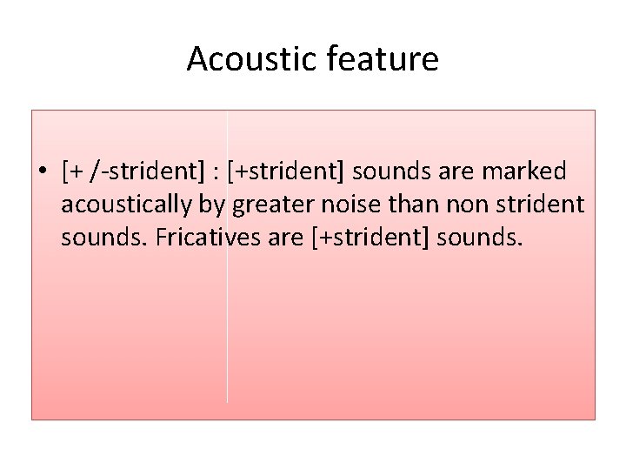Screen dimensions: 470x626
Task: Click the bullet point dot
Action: [42, 172]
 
